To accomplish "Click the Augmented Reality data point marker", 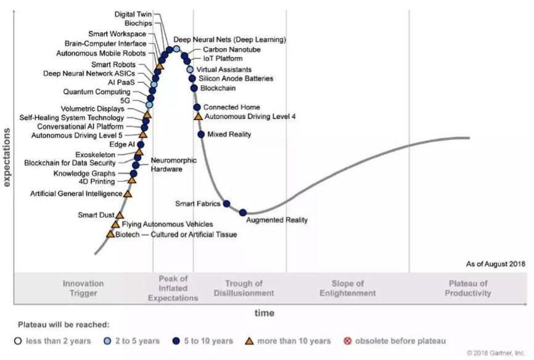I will [243, 213].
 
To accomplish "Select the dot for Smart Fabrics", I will [226, 204].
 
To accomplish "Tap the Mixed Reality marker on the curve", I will [201, 134].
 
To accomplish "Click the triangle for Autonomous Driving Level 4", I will [198, 116].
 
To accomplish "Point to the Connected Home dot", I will [197, 107].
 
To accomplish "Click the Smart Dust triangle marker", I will [120, 215].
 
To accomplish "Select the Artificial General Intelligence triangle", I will [128, 194].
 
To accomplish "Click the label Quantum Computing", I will [96, 92].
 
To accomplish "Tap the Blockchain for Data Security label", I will [70, 163].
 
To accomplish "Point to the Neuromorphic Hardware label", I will [173, 165].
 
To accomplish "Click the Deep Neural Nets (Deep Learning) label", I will [229, 40].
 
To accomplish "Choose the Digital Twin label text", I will [133, 14].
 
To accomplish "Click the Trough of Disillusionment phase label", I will [244, 288].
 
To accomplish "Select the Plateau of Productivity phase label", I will [468, 288].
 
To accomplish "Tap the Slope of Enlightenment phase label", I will [347, 288].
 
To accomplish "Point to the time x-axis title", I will [265, 313].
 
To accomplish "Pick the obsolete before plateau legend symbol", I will [347, 341].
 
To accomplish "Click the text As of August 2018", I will [496, 264].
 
